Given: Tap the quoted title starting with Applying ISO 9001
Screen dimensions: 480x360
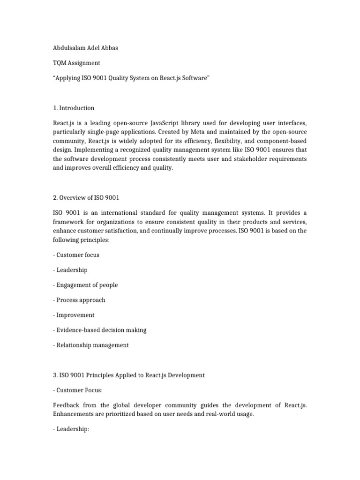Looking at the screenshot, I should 131,77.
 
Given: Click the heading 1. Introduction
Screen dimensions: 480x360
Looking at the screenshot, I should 74,108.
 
